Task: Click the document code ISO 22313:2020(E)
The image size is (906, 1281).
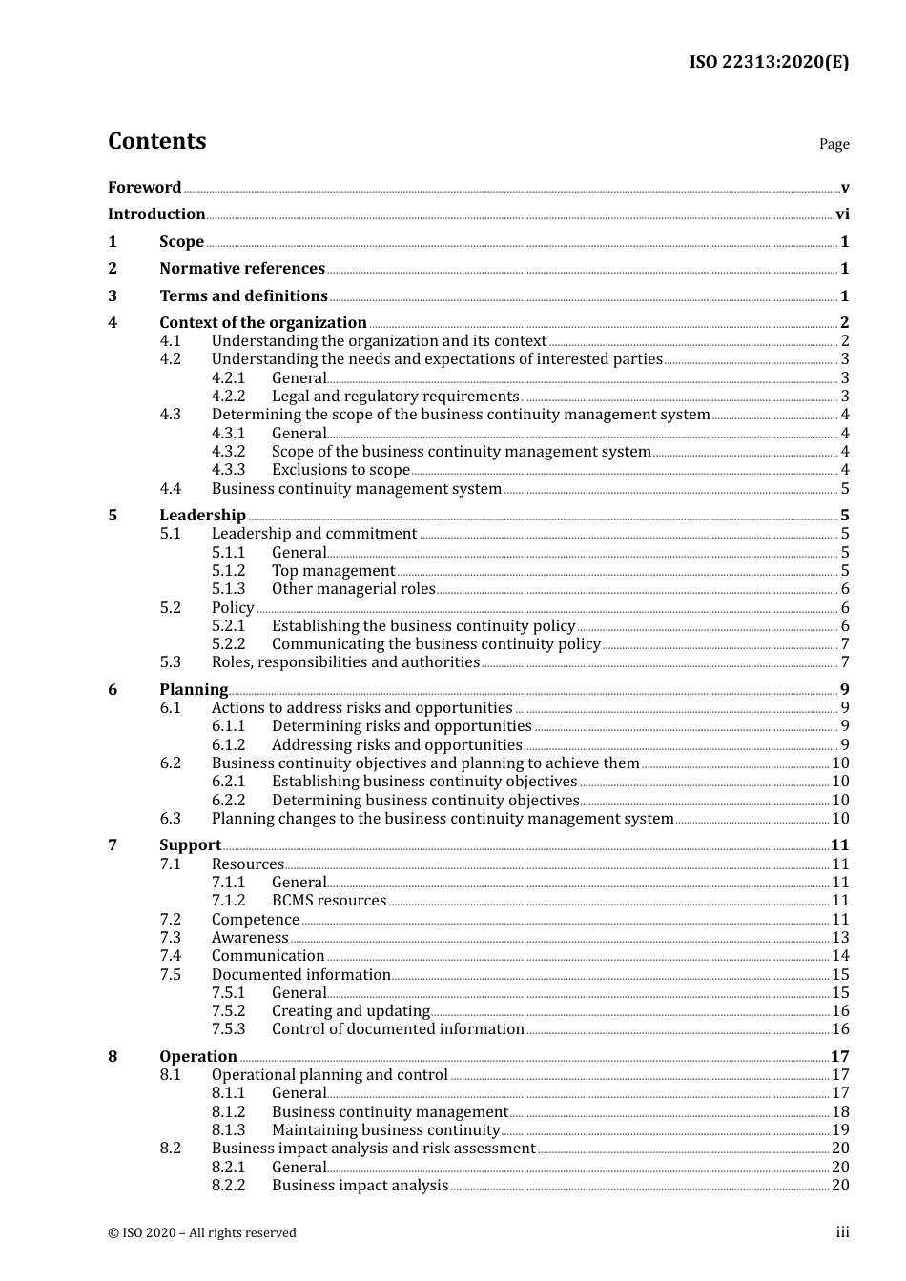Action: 769,62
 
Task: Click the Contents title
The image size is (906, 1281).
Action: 156,141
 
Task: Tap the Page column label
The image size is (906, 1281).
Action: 834,144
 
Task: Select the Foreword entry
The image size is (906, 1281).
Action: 144,187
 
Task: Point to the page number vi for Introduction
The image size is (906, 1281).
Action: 842,214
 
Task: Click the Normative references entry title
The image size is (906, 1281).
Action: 242,269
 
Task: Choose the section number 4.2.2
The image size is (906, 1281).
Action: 228,396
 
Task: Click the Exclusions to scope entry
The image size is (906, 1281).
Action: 340,470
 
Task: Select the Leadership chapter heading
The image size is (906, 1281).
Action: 202,516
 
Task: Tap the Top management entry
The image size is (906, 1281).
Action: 333,571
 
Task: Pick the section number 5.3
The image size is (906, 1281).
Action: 170,662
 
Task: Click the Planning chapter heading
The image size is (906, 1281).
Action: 194,690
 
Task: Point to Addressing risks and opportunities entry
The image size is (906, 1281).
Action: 397,745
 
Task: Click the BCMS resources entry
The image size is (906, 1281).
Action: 329,901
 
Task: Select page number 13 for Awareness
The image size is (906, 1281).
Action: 840,938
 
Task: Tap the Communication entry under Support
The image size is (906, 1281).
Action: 268,956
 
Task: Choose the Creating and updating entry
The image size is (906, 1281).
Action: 351,1011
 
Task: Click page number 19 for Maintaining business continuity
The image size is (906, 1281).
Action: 840,1130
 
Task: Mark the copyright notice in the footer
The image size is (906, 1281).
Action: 202,1233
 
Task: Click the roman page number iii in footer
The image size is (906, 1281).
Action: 842,1232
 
